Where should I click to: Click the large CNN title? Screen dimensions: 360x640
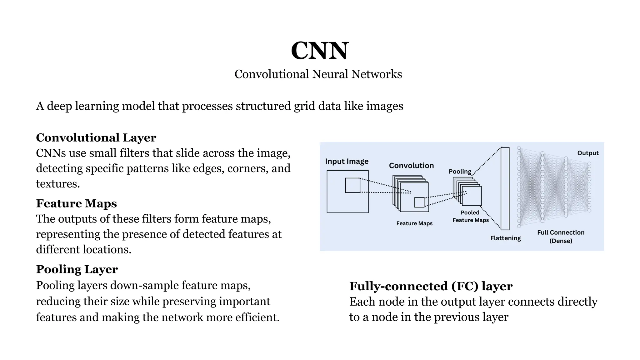click(319, 51)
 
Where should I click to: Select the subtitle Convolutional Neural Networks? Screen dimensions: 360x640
click(318, 74)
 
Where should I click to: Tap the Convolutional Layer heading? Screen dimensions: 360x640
click(96, 137)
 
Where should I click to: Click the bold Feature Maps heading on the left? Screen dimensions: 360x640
click(76, 203)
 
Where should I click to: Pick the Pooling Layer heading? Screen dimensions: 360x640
click(77, 269)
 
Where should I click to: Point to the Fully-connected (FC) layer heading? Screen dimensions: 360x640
click(431, 286)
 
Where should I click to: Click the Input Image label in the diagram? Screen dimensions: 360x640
click(347, 161)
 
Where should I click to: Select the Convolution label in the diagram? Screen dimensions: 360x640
click(411, 166)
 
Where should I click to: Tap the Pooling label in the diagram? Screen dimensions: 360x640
click(460, 171)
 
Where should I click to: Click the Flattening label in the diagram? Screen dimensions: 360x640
click(505, 238)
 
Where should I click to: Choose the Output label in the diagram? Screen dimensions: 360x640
click(588, 153)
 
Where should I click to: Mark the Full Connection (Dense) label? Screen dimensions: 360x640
click(561, 237)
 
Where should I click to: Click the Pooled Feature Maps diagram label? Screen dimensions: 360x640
click(470, 216)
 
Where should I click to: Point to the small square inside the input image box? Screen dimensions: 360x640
click(352, 185)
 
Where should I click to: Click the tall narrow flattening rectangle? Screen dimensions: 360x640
click(505, 188)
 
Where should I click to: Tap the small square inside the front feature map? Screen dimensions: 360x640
click(419, 202)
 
